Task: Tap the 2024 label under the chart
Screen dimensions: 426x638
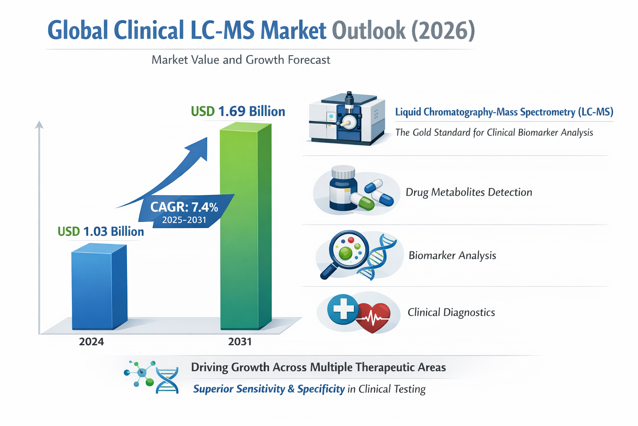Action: [91, 342]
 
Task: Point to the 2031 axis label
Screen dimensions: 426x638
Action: [240, 342]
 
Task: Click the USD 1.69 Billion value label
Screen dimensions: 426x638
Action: [238, 111]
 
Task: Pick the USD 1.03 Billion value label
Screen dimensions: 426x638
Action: [101, 231]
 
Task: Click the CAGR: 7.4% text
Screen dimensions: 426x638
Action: [184, 207]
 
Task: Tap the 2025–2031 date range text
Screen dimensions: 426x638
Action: [184, 220]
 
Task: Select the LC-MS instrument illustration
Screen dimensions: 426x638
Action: [347, 119]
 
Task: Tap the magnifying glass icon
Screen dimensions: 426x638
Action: [345, 252]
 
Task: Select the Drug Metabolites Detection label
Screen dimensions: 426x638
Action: [469, 192]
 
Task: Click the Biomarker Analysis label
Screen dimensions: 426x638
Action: [452, 255]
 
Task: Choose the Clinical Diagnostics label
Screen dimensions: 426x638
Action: [451, 312]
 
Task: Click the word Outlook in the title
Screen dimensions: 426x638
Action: [368, 31]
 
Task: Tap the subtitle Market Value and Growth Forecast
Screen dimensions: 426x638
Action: [241, 60]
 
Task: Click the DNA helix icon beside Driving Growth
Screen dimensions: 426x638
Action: [167, 379]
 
